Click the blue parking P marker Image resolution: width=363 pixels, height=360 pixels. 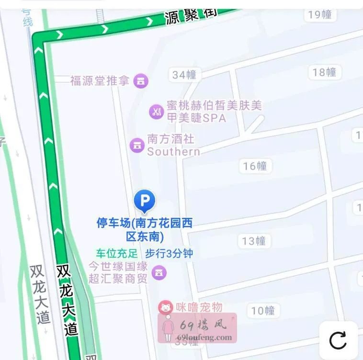point(145,200)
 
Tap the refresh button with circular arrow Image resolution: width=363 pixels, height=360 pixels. point(338,340)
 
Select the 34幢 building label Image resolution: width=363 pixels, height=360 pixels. point(184,75)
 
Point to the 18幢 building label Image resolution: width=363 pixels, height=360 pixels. point(324,72)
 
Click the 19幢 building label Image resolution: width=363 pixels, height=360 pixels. point(320,14)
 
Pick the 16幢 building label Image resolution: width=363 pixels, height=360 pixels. point(255,166)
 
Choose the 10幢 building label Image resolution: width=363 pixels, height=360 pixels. point(263,311)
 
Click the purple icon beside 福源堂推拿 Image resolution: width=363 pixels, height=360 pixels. point(141,81)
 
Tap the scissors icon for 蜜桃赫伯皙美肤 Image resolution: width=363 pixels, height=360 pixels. point(157,112)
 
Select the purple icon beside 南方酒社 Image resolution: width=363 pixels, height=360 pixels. point(137,145)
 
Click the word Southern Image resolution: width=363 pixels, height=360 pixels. point(173,152)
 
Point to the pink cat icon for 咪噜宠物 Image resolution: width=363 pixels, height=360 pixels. point(165,307)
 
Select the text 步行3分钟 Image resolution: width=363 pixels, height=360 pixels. point(169,253)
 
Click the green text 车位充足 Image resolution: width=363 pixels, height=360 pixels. point(116,253)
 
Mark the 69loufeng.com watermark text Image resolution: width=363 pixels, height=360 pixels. point(204,337)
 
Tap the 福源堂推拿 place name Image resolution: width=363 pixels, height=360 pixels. point(100,80)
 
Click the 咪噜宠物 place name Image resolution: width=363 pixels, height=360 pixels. point(198,307)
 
